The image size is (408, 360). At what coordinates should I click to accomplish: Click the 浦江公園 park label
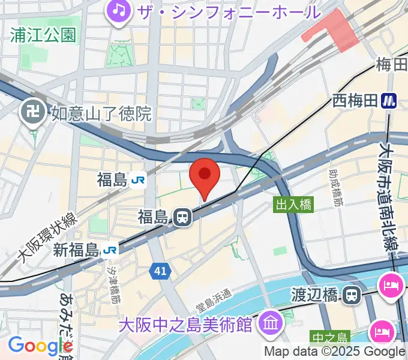43,34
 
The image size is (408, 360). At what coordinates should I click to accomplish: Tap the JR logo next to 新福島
110,249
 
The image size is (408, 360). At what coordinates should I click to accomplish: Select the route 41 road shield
159,272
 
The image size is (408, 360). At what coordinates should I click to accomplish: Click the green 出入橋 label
293,205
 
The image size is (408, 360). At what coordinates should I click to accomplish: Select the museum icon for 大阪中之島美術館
272,324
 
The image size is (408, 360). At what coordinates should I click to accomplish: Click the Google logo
40,346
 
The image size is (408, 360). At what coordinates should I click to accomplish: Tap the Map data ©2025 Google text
335,352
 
